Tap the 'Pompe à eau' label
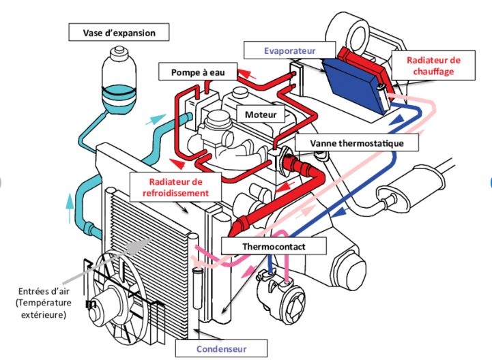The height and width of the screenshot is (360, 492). coord(197,71)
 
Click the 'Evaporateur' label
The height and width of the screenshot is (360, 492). coord(291,49)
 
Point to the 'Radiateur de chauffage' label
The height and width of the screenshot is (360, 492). coord(433,65)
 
